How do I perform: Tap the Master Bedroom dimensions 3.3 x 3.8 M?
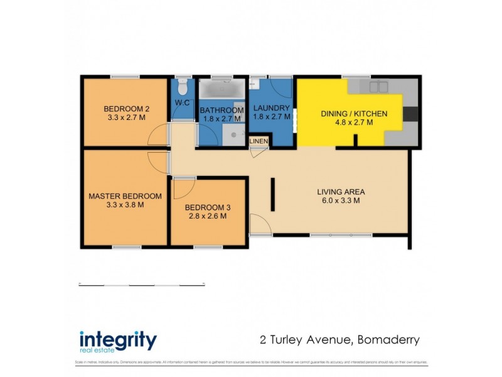125,204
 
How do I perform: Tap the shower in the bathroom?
234,134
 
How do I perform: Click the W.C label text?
182,102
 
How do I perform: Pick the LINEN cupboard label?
259,141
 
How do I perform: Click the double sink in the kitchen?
378,87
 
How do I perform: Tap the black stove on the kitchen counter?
410,114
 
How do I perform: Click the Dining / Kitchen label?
354,114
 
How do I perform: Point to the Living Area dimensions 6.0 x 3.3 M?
341,201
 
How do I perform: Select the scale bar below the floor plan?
142,285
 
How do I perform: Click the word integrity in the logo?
117,340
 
